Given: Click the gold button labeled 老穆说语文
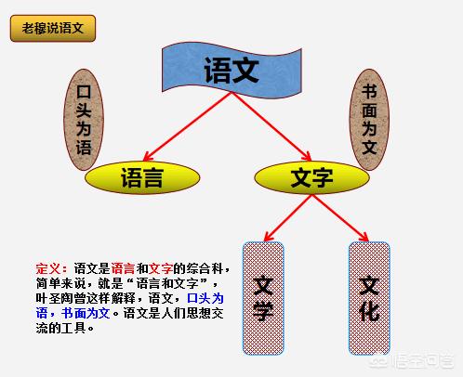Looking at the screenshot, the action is coord(53,28).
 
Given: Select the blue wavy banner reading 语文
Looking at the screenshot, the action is coord(231,70).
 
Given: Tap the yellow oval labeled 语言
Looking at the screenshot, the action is coord(142,177).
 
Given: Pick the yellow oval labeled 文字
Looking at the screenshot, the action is coord(311,177).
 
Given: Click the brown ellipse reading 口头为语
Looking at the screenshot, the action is coord(84,120).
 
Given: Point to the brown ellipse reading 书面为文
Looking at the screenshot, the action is coord(369,120).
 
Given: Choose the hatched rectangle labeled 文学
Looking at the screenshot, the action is coord(263,298).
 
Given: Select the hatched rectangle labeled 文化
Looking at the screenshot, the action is coord(369,298).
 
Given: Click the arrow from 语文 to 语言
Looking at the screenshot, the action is coord(187,126).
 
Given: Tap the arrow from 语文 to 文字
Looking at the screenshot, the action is coord(271,126).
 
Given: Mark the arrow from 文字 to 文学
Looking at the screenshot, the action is coord(288,218).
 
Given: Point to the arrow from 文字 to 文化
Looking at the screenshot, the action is coord(340,218).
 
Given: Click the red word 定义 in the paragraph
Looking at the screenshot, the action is coord(48,268).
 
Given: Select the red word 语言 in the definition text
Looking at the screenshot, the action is coord(123,268).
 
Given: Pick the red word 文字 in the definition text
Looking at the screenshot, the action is coord(161,268).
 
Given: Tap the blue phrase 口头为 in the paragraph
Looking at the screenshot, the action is coord(205,298).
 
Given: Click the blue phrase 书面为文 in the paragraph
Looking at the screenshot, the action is coord(86,313).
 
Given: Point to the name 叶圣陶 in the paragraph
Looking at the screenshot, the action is coord(54,298).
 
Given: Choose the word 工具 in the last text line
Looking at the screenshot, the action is coord(73,328).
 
